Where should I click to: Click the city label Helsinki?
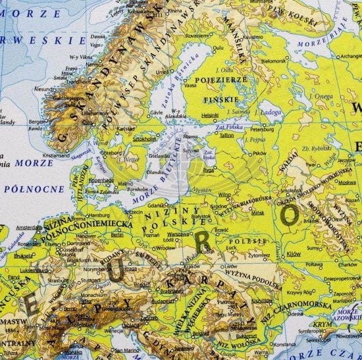click(x=210, y=115)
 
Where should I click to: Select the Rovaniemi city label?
click(x=198, y=35)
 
